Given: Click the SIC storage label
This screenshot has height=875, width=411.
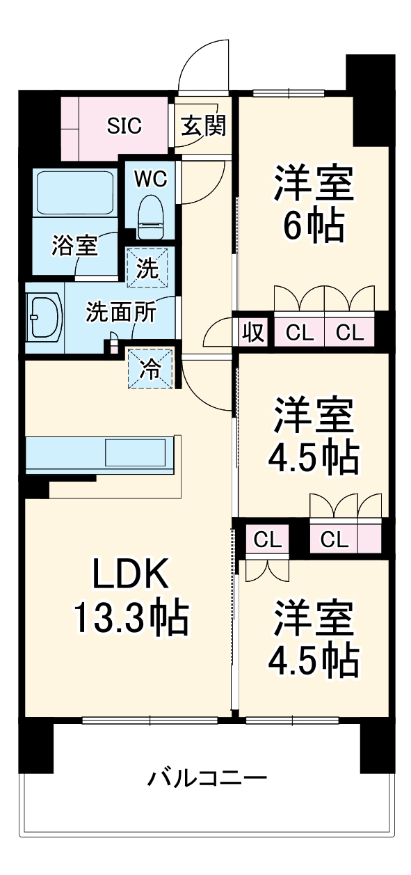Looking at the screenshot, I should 124,126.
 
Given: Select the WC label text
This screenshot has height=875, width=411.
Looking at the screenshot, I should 150,179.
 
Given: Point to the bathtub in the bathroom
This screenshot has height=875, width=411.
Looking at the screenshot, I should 75,191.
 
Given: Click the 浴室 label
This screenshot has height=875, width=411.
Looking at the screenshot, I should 74,245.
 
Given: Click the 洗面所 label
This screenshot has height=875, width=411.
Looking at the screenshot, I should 120,313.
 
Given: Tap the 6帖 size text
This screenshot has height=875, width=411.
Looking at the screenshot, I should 314,224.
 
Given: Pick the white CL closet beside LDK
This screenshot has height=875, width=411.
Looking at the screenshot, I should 268,539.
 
